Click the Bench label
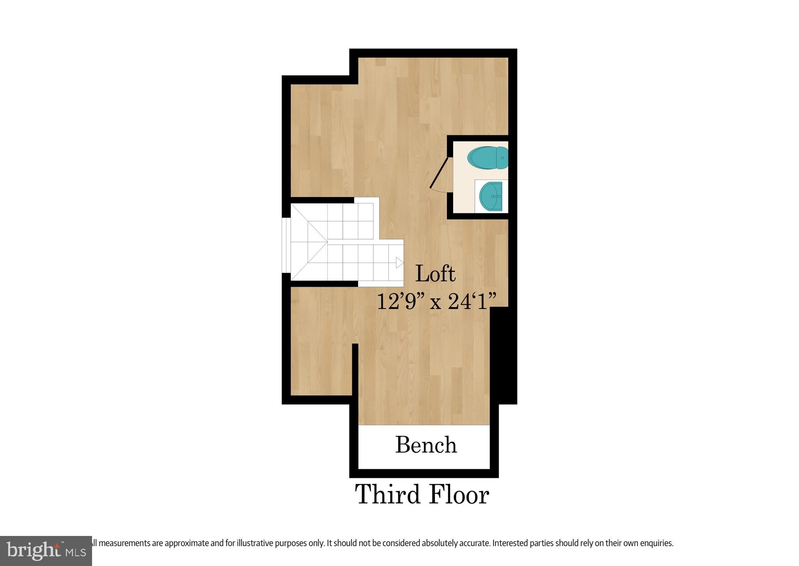tap(426, 445)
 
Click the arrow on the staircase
tap(399, 263)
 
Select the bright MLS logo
tap(46, 551)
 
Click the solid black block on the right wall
tap(503, 355)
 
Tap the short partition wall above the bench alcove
tap(355, 369)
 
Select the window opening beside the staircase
tap(286, 245)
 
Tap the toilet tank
tap(503, 158)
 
